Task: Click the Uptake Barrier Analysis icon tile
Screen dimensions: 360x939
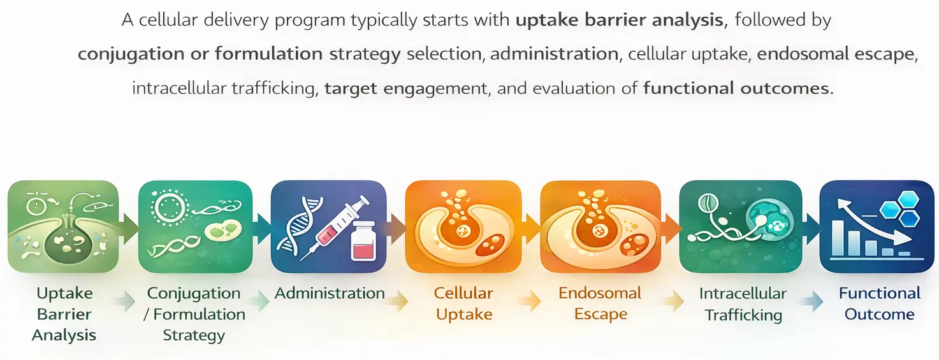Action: coord(62,227)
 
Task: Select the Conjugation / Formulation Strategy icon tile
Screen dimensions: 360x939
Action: coord(194,227)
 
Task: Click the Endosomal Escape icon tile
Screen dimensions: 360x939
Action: coord(600,227)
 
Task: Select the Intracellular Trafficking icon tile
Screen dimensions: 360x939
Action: coord(740,227)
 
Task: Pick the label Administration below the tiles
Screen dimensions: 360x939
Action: coord(330,294)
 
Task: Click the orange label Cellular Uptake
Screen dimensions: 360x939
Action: coord(463,303)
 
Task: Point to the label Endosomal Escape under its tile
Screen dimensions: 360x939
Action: coord(600,303)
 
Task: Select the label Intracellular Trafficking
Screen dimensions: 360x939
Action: coord(743,303)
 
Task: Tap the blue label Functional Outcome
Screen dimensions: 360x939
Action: coord(879,303)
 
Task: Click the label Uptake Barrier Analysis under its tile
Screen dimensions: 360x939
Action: coord(64,313)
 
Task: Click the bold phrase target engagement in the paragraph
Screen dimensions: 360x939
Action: coord(405,89)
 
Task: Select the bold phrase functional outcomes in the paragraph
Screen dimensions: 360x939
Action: coord(738,89)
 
